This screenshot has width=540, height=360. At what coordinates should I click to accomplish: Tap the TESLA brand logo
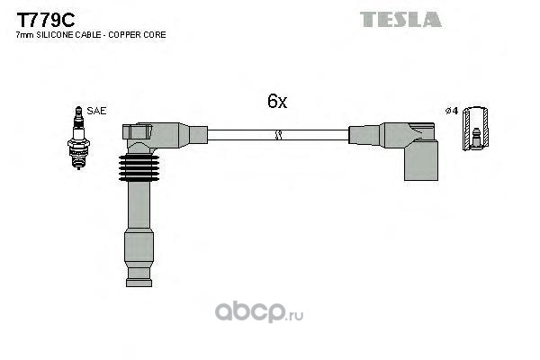400,19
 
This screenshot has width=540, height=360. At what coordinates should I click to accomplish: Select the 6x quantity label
276,103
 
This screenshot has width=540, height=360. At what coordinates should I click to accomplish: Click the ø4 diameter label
452,111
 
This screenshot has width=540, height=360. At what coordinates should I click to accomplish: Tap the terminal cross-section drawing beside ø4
475,129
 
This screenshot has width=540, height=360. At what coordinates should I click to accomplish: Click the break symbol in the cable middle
278,136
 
